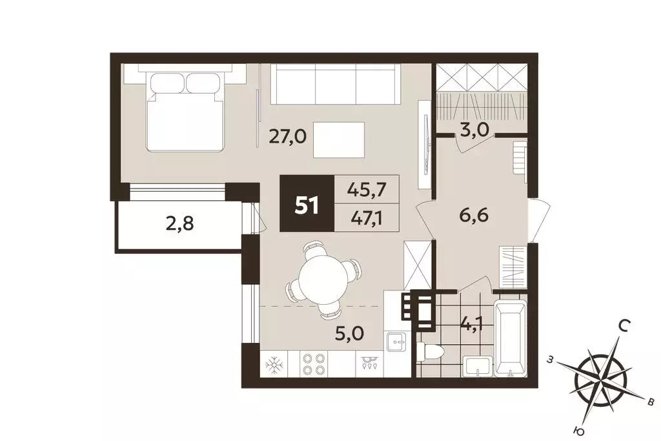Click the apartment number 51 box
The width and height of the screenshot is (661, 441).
click(x=307, y=203)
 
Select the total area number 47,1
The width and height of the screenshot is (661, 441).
click(x=367, y=218)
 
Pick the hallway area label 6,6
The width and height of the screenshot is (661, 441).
click(x=474, y=216)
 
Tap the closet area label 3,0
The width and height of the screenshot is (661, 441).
click(x=474, y=130)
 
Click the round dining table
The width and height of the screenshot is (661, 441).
click(x=323, y=280)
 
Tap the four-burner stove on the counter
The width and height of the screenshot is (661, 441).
click(x=314, y=364)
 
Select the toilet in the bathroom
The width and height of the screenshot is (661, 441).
click(x=429, y=351)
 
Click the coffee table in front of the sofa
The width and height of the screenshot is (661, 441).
click(x=339, y=140)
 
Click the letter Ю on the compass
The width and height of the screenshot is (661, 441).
click(x=580, y=431)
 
